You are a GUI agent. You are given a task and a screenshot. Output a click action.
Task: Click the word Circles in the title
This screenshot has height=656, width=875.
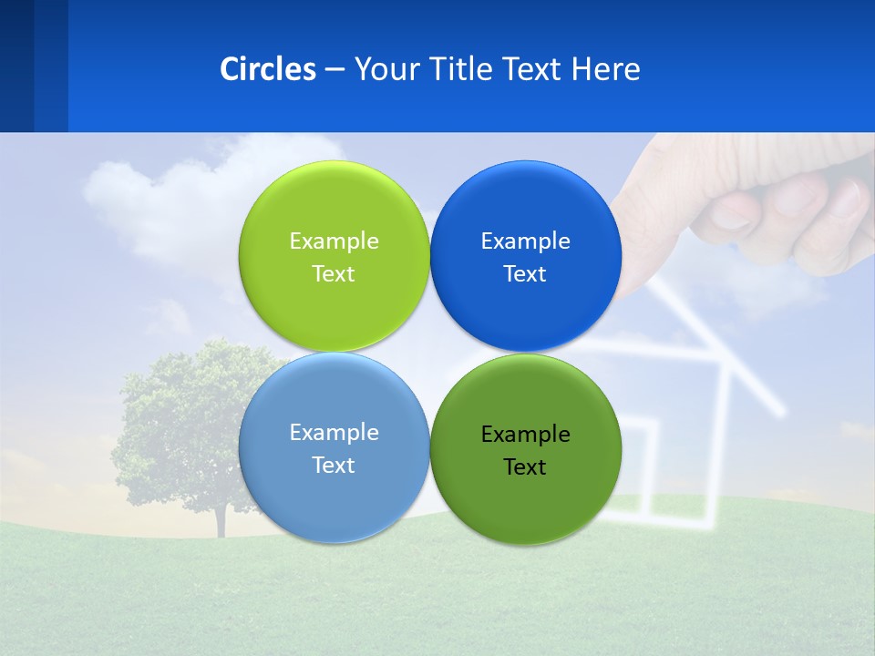pyautogui.click(x=267, y=69)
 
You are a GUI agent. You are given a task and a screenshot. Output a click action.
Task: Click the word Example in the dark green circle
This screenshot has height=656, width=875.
pyautogui.click(x=525, y=435)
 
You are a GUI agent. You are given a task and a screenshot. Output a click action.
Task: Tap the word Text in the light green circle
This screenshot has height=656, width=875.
pyautogui.click(x=334, y=274)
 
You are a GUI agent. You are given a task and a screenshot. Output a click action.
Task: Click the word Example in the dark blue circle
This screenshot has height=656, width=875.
pyautogui.click(x=525, y=241)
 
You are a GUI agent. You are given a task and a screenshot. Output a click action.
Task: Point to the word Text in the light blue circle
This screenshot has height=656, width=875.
pyautogui.click(x=334, y=466)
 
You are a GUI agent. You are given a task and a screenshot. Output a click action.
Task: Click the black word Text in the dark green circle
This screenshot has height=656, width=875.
pyautogui.click(x=525, y=467)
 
